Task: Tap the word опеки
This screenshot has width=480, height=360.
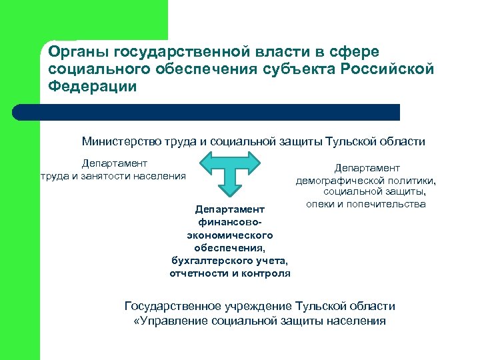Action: pos(321,204)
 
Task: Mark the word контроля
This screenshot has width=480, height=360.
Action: pos(267,273)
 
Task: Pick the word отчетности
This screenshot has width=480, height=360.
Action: pos(197,273)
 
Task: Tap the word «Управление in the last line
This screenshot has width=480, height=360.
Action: pos(170,321)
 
